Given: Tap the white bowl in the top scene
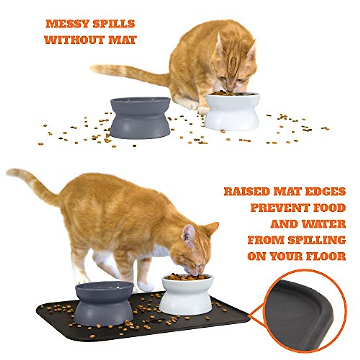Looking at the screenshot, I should click(232, 112).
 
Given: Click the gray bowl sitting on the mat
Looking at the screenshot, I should click(104, 303).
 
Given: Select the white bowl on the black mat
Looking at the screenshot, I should click(187, 295).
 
